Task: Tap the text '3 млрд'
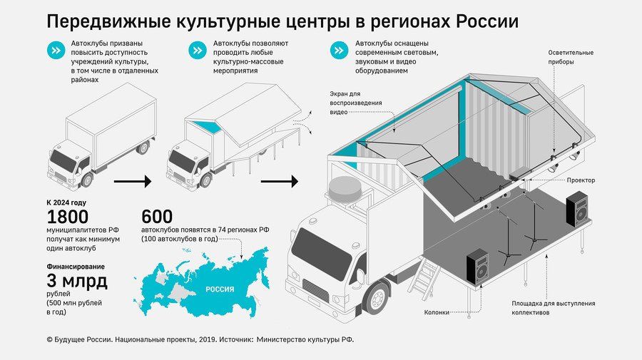77,282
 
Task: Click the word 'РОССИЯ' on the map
219,290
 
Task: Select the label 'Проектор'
580,180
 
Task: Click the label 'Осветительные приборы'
571,57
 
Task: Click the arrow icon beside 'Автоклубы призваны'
55,51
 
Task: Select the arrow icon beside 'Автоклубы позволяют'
197,51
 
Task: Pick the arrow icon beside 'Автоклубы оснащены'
340,51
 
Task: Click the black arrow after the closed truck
133,182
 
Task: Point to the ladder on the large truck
425,278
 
